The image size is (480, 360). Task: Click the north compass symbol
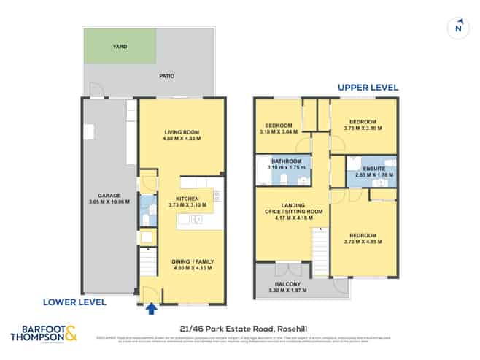pyautogui.click(x=457, y=27)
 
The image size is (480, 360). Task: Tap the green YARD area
pyautogui.click(x=120, y=46)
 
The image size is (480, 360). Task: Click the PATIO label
pyautogui.click(x=168, y=75)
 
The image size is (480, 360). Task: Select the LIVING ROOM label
pyautogui.click(x=182, y=131)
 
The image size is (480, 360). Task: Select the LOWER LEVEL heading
pyautogui.click(x=74, y=302)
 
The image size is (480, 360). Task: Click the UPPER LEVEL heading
pyautogui.click(x=368, y=88)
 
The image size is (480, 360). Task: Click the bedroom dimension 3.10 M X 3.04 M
pyautogui.click(x=278, y=132)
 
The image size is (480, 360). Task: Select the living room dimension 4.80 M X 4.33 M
pyautogui.click(x=182, y=138)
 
